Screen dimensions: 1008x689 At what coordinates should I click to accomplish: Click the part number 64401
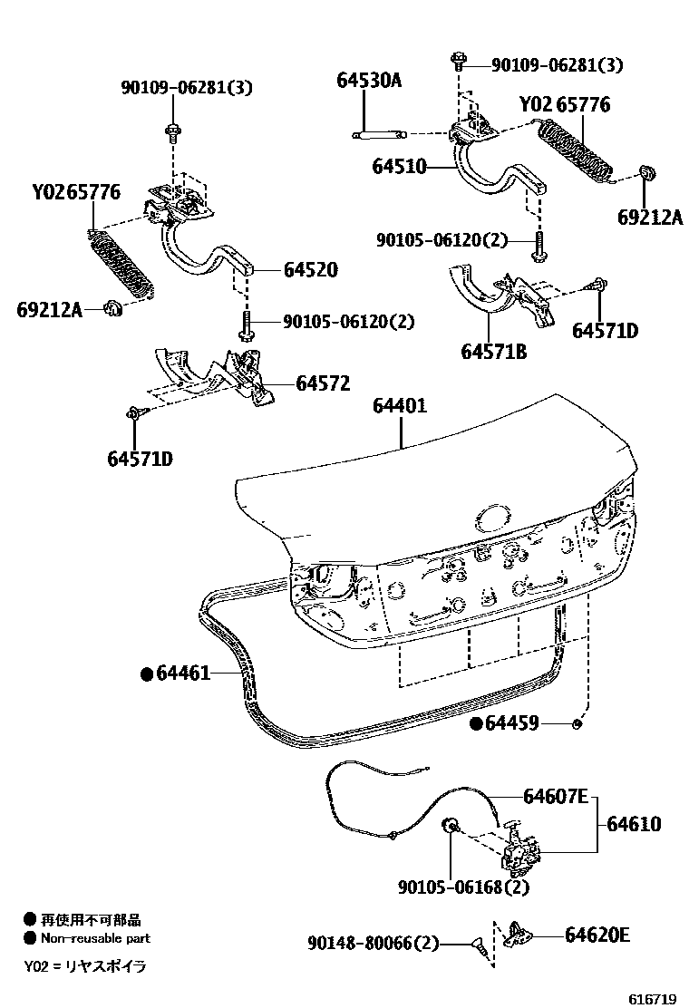click(400, 407)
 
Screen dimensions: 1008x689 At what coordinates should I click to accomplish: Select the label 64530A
click(368, 81)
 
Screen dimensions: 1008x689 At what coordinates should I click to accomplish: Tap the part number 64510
click(398, 167)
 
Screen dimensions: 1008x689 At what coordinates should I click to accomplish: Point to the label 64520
click(310, 269)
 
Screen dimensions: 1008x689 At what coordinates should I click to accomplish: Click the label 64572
click(323, 383)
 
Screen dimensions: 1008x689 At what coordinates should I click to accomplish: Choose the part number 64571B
click(495, 352)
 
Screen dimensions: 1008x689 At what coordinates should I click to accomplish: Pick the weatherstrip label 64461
click(183, 674)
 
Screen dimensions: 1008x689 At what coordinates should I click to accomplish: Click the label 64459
click(512, 723)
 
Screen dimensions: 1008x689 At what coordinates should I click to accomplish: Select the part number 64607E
click(555, 798)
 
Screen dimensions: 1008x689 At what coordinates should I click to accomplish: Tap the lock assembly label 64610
click(634, 825)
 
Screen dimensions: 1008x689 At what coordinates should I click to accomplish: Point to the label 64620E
click(597, 935)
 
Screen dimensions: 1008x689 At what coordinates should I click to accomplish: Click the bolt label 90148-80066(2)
click(373, 945)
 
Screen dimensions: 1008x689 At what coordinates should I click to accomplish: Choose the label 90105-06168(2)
click(463, 887)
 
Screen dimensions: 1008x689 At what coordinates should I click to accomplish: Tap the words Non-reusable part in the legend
click(95, 938)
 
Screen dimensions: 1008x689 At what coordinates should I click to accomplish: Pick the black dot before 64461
click(145, 674)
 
